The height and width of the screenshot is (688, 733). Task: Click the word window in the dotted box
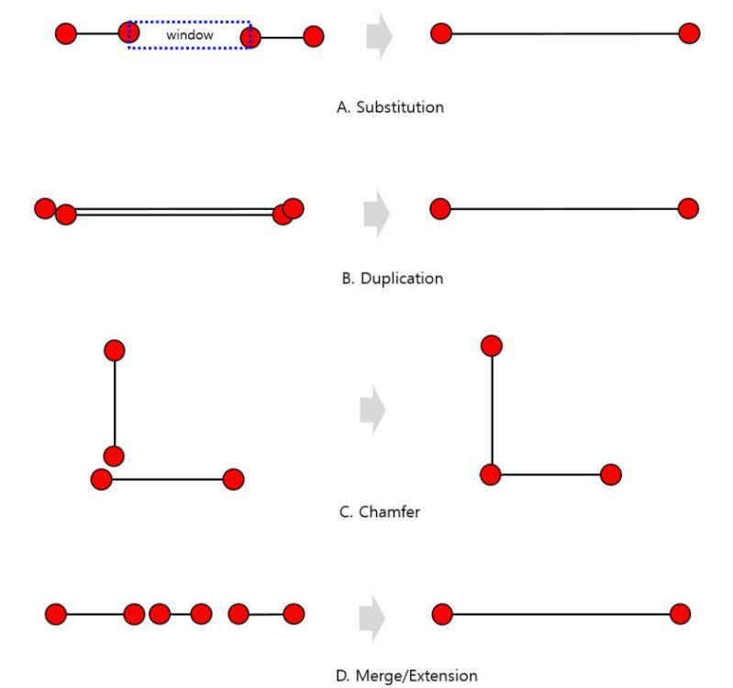(x=190, y=35)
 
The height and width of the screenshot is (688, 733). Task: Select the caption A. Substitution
(x=390, y=107)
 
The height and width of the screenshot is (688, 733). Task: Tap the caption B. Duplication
(x=392, y=278)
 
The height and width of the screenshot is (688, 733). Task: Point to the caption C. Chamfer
(x=380, y=512)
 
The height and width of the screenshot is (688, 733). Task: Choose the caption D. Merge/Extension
(x=406, y=676)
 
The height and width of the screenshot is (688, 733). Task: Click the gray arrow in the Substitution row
(x=379, y=37)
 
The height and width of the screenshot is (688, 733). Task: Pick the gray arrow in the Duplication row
(x=376, y=212)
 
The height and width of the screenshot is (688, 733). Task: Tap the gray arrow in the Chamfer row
(x=372, y=410)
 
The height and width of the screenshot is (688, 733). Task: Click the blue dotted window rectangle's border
(x=189, y=22)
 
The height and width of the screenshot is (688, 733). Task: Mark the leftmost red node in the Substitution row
(x=65, y=35)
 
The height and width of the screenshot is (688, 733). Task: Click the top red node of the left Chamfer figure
(x=115, y=350)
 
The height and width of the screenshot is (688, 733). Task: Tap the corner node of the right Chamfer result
(x=491, y=474)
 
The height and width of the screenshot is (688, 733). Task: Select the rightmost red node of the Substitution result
(x=689, y=34)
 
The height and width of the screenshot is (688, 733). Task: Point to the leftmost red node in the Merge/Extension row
(x=55, y=614)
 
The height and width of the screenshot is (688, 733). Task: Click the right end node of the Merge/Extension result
(x=680, y=614)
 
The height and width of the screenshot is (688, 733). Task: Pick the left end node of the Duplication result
(x=439, y=209)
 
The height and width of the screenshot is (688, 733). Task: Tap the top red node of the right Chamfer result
(x=491, y=345)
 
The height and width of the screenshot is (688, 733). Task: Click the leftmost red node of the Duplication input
(x=44, y=208)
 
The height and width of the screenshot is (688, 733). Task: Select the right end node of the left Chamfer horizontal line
(x=233, y=479)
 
